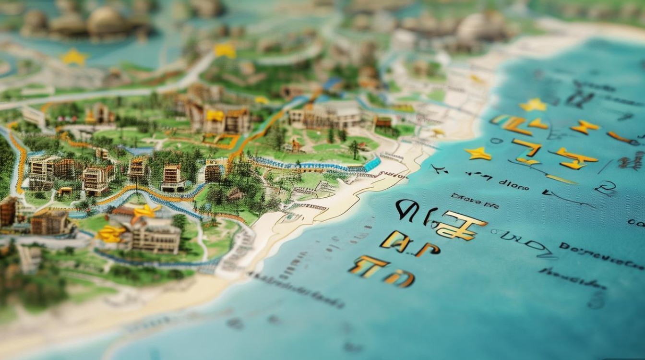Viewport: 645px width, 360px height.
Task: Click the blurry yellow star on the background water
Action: pos(74,57)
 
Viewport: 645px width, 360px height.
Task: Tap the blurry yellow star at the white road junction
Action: pos(225,50)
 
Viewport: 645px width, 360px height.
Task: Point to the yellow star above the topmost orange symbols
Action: pos(533,105)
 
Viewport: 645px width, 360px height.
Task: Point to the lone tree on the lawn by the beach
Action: pos(355,148)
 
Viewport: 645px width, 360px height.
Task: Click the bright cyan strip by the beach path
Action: pos(372,164)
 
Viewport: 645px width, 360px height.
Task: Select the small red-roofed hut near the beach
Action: pos(383,123)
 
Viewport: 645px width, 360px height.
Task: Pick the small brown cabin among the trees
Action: pos(235,194)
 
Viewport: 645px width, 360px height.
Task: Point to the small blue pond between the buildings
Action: pos(136,151)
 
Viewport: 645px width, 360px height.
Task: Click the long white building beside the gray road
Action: pos(34,116)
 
